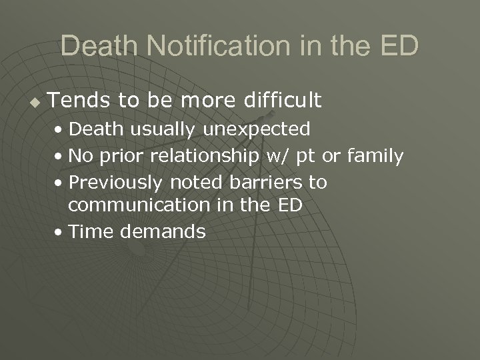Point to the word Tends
coord(73,101)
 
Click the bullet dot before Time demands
coord(61,232)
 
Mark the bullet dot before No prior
coord(61,157)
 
